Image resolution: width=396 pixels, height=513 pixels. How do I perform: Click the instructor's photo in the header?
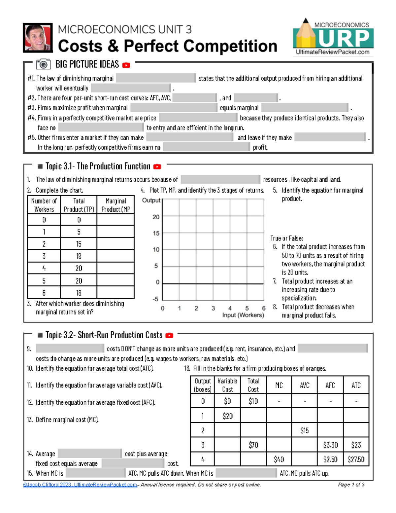[38, 38]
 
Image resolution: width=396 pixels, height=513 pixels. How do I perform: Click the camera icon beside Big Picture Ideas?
[43, 64]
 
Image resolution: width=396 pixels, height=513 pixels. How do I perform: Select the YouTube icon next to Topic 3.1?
[157, 167]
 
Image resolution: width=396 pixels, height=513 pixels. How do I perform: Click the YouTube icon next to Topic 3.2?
[169, 336]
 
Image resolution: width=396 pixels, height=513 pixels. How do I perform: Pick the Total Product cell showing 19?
[79, 256]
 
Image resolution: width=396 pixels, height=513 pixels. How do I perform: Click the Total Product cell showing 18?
[79, 293]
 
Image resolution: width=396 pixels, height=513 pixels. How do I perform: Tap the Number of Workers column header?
[44, 205]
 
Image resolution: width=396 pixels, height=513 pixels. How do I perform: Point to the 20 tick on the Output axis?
[156, 217]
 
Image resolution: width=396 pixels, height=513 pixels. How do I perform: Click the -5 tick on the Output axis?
[155, 299]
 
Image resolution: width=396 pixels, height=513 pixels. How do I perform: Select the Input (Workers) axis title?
[243, 315]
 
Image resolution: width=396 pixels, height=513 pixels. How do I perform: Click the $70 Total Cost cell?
[253, 445]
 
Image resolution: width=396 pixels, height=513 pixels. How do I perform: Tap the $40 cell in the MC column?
[279, 459]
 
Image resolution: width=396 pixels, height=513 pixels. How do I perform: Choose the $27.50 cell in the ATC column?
[356, 459]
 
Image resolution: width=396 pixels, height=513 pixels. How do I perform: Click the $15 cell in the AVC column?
[304, 430]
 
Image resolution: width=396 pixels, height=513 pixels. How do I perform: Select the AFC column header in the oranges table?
[330, 385]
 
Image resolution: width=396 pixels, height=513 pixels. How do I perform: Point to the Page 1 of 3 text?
[351, 485]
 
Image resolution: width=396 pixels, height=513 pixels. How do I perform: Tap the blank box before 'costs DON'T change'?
[70, 348]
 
